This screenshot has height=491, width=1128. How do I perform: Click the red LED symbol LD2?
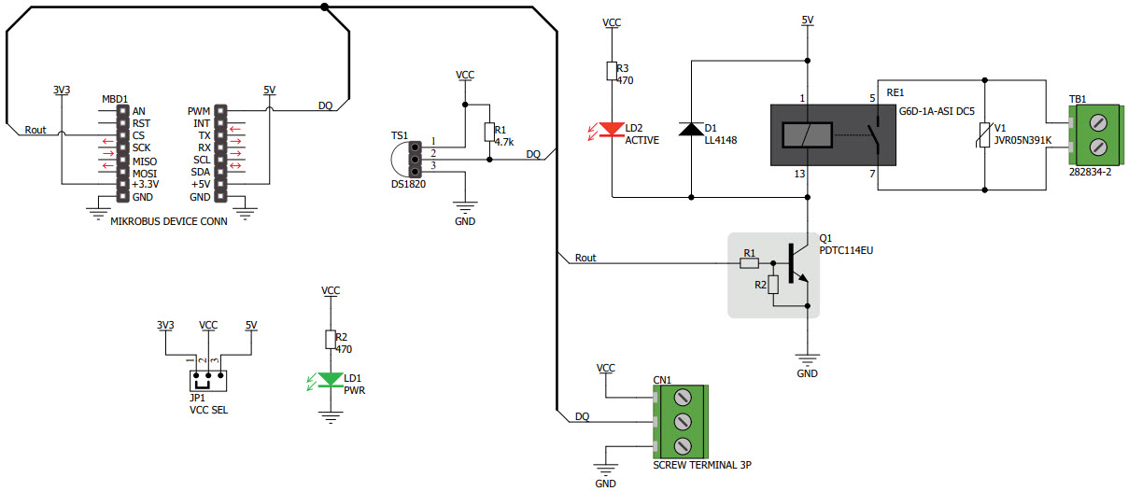tap(611, 130)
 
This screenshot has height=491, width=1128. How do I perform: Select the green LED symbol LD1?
tap(330, 380)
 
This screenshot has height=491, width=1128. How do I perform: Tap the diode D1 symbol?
tap(692, 130)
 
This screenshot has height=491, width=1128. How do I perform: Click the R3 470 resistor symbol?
tap(611, 71)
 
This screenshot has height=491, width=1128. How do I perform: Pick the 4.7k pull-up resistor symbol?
tap(488, 132)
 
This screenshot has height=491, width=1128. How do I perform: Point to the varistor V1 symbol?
tap(987, 138)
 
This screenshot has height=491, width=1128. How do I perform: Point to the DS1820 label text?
tap(409, 184)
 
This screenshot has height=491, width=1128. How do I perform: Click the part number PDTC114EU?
tap(845, 250)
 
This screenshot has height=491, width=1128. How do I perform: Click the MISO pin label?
tap(146, 160)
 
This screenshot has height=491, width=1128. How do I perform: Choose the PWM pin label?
tap(199, 111)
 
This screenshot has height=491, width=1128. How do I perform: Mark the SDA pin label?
tap(200, 172)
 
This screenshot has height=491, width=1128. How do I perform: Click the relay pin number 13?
tap(800, 174)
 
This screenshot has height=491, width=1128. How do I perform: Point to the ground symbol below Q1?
tap(807, 358)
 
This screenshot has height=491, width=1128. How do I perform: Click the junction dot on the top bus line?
tap(324, 7)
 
